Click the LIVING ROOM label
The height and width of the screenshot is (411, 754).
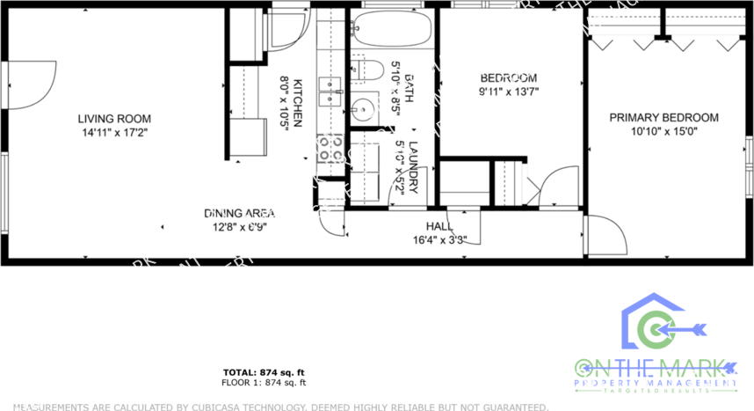point(113,119)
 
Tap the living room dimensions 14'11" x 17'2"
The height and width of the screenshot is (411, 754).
point(113,133)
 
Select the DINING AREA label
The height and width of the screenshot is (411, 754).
point(240,214)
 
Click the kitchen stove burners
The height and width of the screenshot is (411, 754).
point(331,148)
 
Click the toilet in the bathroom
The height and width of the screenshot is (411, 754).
point(366,70)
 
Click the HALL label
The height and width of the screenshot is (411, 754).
point(439,226)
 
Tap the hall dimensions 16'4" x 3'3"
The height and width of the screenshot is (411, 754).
point(439,239)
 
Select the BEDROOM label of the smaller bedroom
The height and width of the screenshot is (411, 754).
point(508,77)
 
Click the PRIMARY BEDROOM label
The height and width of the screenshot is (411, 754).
point(664,118)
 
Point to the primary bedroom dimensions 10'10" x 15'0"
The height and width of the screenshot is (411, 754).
point(664,132)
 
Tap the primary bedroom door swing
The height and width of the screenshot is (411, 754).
point(604,234)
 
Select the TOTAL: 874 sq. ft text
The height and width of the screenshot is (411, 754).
point(264,373)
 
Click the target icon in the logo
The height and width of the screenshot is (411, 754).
point(654,330)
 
